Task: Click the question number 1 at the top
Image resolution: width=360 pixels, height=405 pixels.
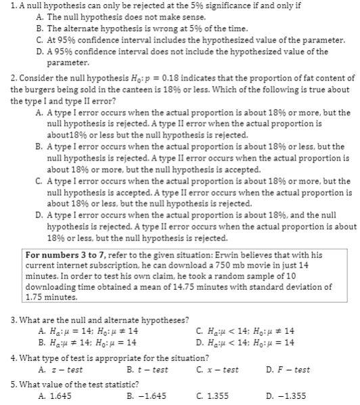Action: tap(5, 6)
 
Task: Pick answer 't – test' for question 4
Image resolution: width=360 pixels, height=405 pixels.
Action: tap(151, 369)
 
